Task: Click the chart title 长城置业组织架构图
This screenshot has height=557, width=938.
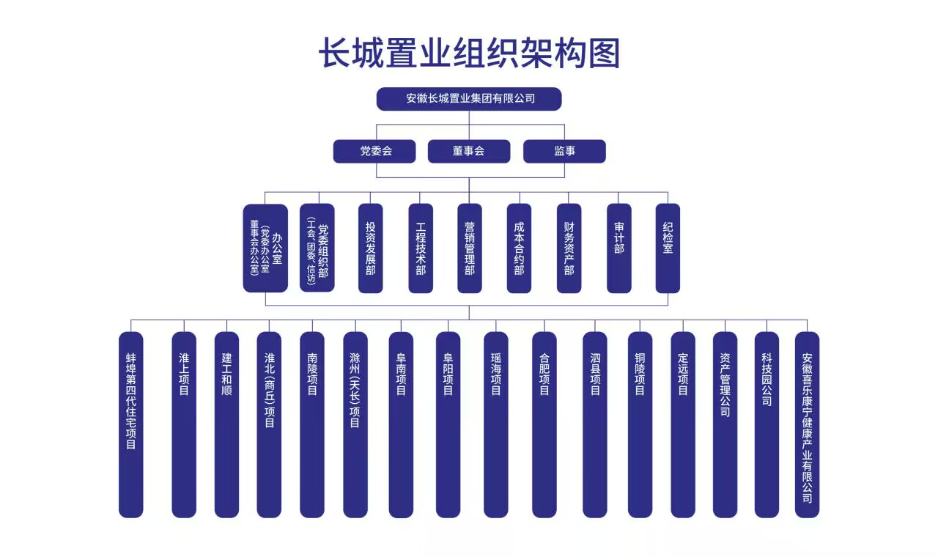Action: pyautogui.click(x=469, y=53)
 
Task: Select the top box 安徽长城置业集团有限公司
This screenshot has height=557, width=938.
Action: pyautogui.click(x=469, y=99)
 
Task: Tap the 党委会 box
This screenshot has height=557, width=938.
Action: pyautogui.click(x=374, y=151)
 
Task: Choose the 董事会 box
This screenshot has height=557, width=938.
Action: pyautogui.click(x=469, y=151)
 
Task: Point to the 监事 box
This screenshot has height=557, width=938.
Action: pyautogui.click(x=564, y=151)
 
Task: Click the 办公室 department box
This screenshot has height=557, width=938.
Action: pyautogui.click(x=265, y=248)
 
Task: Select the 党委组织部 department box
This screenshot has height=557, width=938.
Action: pyautogui.click(x=317, y=248)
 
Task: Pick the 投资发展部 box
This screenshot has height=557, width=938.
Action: pyautogui.click(x=371, y=248)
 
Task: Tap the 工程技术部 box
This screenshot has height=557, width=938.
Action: pyautogui.click(x=421, y=248)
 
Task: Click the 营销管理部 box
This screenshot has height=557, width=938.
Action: pyautogui.click(x=470, y=248)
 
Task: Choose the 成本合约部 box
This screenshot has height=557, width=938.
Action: pyautogui.click(x=520, y=248)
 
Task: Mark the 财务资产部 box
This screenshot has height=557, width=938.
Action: pyautogui.click(x=569, y=248)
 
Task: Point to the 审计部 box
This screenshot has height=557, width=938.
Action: pyautogui.click(x=619, y=248)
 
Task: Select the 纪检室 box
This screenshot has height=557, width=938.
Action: pyautogui.click(x=668, y=248)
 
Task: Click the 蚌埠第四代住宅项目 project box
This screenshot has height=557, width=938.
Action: pyautogui.click(x=131, y=424)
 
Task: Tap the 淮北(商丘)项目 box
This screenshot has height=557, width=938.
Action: pyautogui.click(x=269, y=424)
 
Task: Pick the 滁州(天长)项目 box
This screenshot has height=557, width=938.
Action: pyautogui.click(x=355, y=424)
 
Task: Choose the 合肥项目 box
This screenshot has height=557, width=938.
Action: pyautogui.click(x=544, y=424)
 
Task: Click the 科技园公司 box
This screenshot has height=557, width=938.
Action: pyautogui.click(x=767, y=424)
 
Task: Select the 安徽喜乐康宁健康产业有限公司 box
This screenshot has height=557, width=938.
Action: pyautogui.click(x=808, y=424)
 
